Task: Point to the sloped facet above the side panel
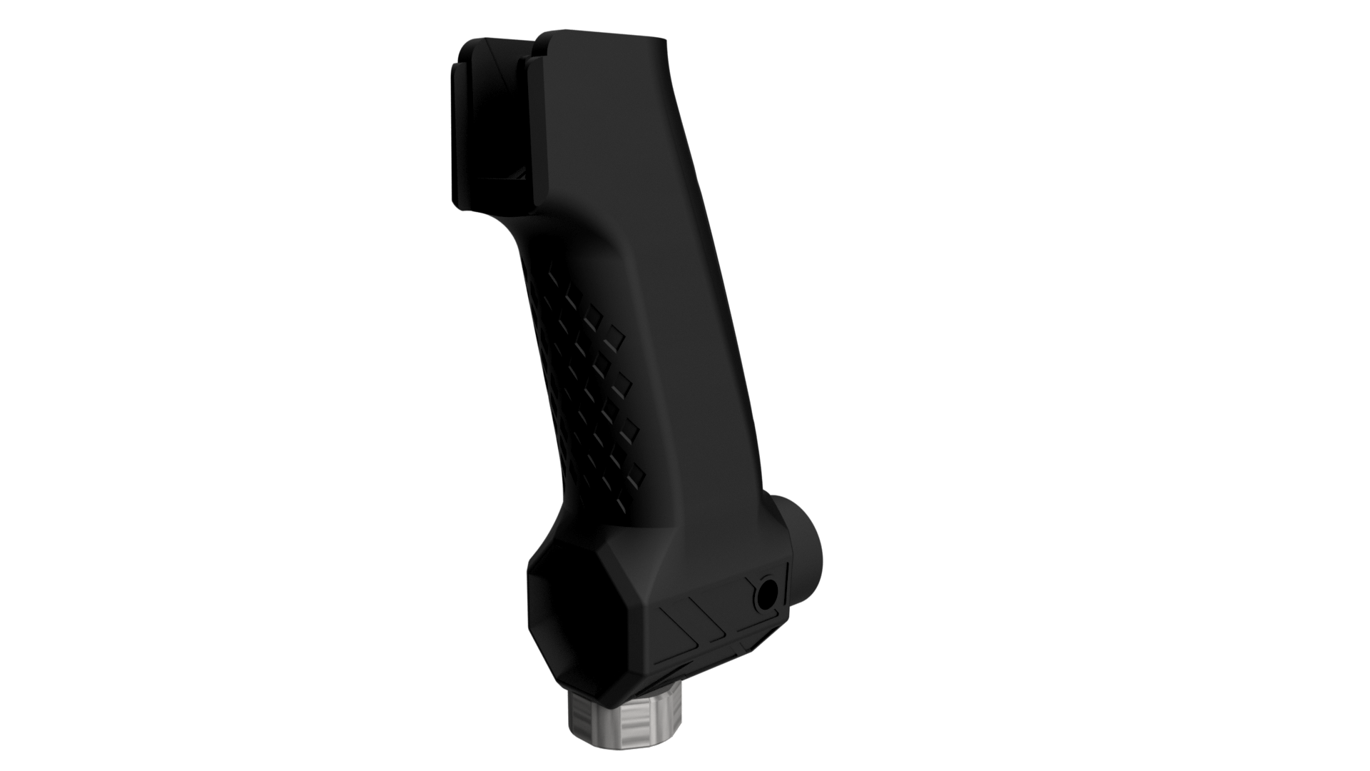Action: pos(685,564)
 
